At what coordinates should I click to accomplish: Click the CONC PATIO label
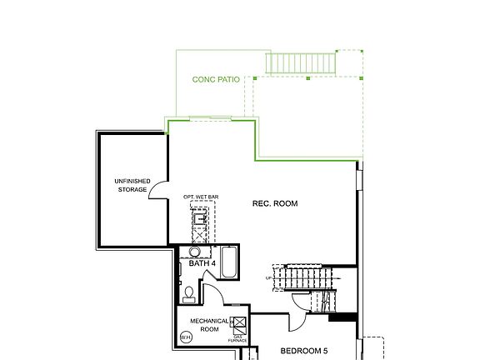point(216,80)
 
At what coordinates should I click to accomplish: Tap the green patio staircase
point(300,62)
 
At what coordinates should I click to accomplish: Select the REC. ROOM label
point(274,203)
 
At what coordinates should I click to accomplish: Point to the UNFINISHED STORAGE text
point(132,185)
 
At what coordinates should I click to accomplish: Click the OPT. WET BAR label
point(201,197)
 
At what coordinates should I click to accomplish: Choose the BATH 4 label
point(202,263)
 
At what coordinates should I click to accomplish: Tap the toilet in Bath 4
point(189,292)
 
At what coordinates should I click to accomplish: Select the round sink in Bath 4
point(194,252)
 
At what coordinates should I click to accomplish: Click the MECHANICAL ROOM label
point(204,324)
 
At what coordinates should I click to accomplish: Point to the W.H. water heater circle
point(185,337)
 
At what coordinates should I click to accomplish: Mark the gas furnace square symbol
point(239,323)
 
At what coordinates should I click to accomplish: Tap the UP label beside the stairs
point(268,277)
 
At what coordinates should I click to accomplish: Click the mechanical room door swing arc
point(212,293)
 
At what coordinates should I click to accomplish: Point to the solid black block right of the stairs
point(342,317)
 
